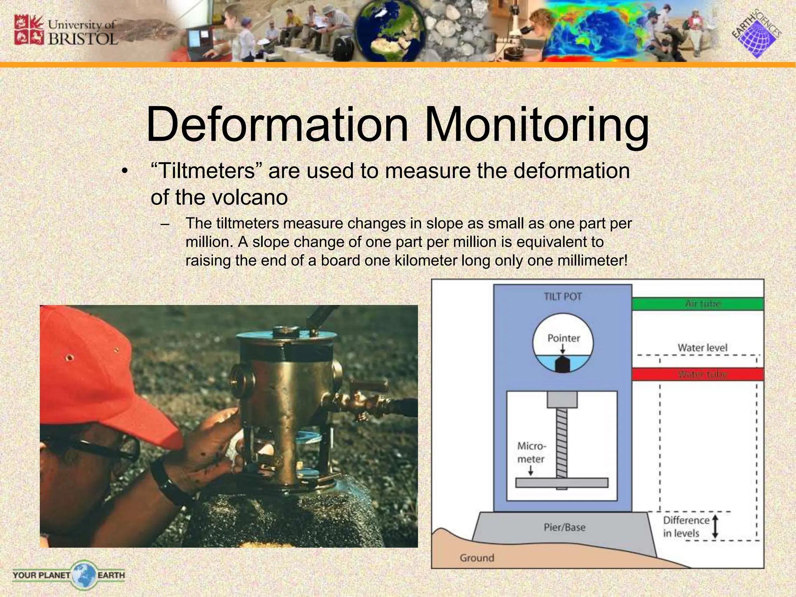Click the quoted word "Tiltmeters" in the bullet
click(206, 171)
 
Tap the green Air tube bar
click(698, 304)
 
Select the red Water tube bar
click(698, 375)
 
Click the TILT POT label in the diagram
click(562, 297)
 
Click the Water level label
click(702, 347)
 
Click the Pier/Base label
click(564, 527)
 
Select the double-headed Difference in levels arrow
click(715, 527)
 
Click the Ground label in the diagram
click(477, 558)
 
